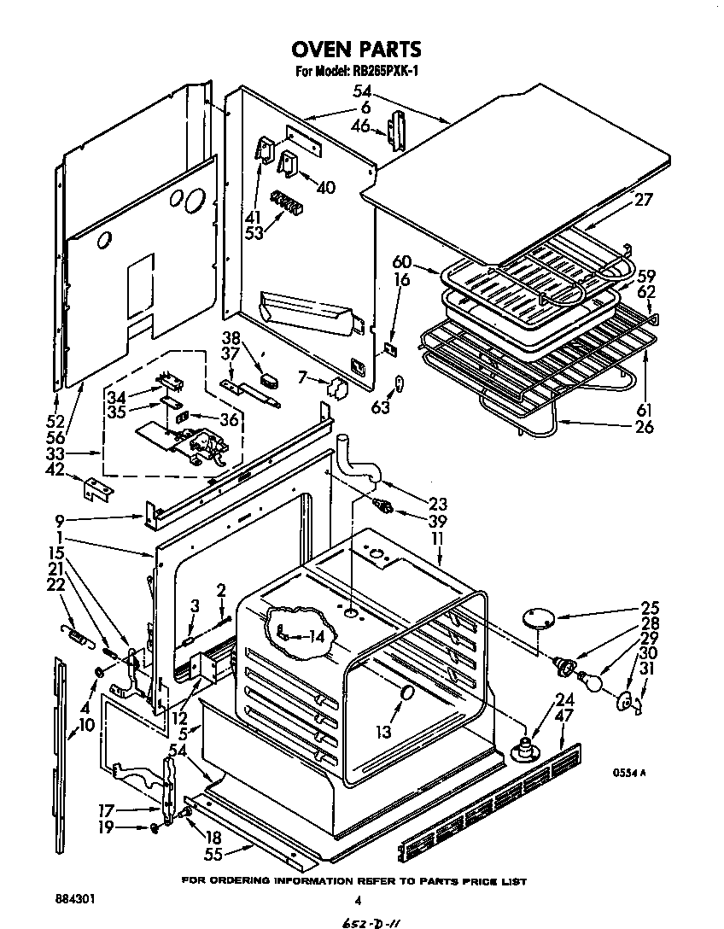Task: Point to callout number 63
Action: pos(380,407)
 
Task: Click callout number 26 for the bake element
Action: pos(644,426)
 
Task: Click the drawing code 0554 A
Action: pos(628,772)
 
